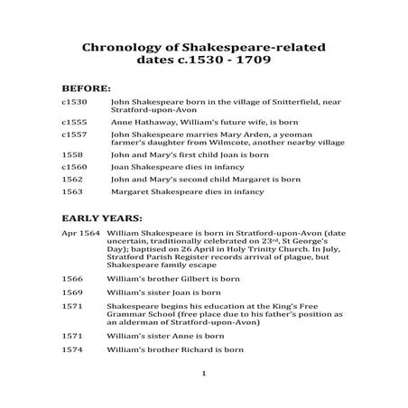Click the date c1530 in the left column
point(74,106)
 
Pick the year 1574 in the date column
point(71,348)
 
